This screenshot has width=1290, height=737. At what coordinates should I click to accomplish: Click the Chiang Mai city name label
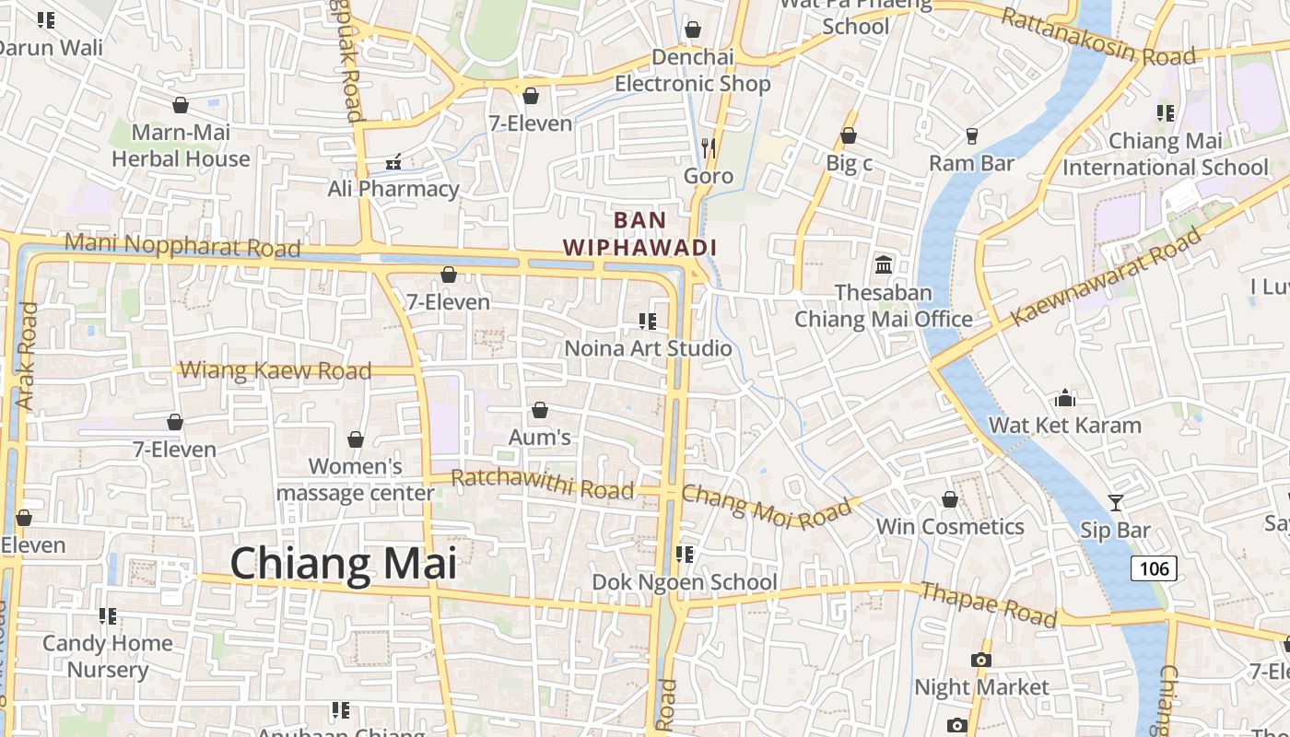click(x=343, y=563)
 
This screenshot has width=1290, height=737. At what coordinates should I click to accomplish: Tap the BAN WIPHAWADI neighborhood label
click(x=639, y=234)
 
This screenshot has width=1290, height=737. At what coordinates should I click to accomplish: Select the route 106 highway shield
click(x=1154, y=568)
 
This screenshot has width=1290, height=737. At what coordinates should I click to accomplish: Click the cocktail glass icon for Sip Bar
click(x=1116, y=503)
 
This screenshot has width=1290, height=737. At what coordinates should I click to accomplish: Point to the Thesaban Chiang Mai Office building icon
click(x=884, y=265)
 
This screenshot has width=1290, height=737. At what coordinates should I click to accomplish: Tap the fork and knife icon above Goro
click(x=709, y=147)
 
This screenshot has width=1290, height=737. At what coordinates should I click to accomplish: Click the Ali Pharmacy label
click(x=393, y=189)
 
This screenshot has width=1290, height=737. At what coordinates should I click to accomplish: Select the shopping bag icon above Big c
click(x=849, y=136)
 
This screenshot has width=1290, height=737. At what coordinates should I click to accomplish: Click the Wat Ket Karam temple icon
click(x=1065, y=398)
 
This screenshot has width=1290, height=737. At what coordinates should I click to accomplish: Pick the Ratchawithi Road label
click(x=543, y=483)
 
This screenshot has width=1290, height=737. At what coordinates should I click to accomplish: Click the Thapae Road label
click(x=989, y=604)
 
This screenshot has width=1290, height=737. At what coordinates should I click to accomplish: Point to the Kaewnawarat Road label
click(x=1106, y=276)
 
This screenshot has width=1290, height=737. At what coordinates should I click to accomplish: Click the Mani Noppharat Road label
click(x=183, y=245)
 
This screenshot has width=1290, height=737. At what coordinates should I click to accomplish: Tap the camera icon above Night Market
click(x=981, y=660)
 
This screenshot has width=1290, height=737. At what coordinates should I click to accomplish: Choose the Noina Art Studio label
click(x=648, y=348)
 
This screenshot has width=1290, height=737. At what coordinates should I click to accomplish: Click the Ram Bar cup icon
click(x=972, y=136)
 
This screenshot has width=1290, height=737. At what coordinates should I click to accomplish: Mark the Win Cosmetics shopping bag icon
click(x=950, y=499)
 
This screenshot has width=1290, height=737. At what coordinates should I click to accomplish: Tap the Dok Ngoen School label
click(x=685, y=582)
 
